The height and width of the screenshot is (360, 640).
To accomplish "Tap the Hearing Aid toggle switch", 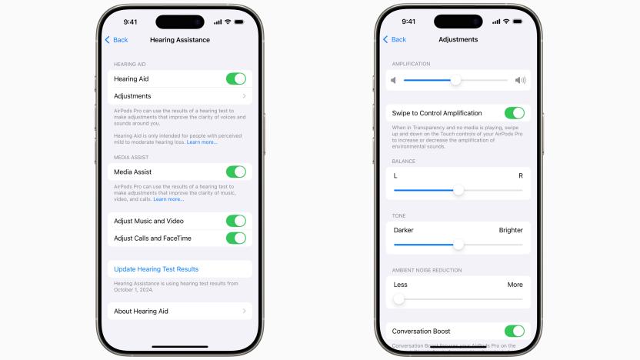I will pyautogui.click(x=235, y=78).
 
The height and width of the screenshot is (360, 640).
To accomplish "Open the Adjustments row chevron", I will pyautogui.click(x=244, y=96).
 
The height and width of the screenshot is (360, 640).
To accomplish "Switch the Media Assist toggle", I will pyautogui.click(x=235, y=172).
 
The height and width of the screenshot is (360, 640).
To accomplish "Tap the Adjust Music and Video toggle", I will pyautogui.click(x=235, y=221).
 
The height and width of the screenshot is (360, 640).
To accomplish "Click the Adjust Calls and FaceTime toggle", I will pyautogui.click(x=235, y=238).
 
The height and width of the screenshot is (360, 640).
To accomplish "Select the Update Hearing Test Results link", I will pyautogui.click(x=156, y=269).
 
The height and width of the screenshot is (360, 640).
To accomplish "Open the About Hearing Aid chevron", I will pyautogui.click(x=244, y=311).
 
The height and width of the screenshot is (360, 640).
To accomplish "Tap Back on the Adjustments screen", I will pyautogui.click(x=395, y=39).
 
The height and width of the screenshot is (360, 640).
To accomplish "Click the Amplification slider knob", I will pyautogui.click(x=455, y=80).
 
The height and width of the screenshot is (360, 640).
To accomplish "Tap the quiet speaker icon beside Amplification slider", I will pyautogui.click(x=394, y=80).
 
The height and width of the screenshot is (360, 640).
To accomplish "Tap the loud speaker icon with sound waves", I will pyautogui.click(x=521, y=80).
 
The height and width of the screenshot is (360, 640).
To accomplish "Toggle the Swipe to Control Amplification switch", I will pyautogui.click(x=514, y=113).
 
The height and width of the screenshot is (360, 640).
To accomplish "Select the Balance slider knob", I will pyautogui.click(x=458, y=190).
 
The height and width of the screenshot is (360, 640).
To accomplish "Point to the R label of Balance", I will pyautogui.click(x=520, y=176).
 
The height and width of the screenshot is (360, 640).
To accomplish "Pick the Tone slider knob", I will pyautogui.click(x=458, y=245).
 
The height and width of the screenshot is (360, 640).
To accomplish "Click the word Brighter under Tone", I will pyautogui.click(x=510, y=230).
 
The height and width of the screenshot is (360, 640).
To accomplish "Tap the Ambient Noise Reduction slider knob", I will pyautogui.click(x=398, y=299).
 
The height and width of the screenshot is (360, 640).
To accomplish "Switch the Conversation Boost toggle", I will pyautogui.click(x=514, y=332).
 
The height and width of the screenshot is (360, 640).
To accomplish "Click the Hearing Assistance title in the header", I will pyautogui.click(x=180, y=40).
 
